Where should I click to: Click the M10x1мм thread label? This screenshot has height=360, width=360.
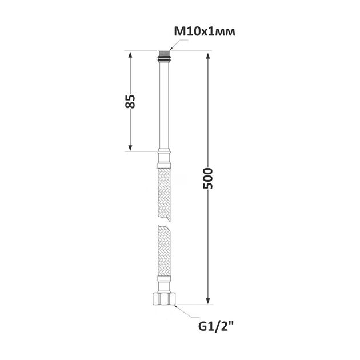(205, 31)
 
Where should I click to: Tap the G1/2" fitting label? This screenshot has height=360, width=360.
(216, 326)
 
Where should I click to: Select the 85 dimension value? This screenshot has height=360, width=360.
(130, 101)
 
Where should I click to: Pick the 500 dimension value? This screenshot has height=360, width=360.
(208, 178)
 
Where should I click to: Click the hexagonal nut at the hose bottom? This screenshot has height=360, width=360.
(165, 298)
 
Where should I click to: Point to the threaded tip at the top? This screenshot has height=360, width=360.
(165, 53)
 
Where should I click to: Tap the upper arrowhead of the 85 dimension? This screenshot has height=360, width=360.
(130, 55)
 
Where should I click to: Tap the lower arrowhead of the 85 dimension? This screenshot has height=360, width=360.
(130, 147)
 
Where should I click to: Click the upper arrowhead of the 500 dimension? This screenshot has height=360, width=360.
(208, 57)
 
